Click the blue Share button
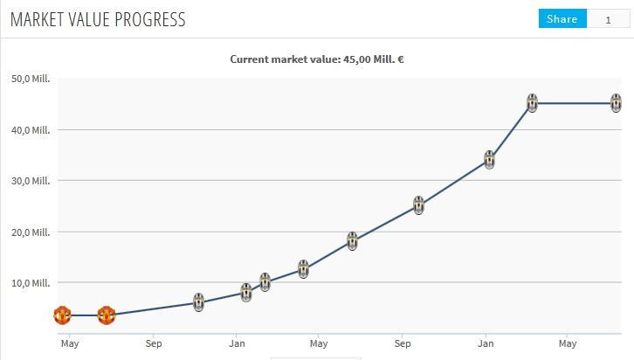tap(562, 19)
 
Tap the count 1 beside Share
tap(609, 19)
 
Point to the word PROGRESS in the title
tap(149, 19)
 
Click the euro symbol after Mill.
tap(400, 59)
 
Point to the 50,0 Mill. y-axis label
tap(31, 79)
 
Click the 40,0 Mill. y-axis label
tap(31, 130)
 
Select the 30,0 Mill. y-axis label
tap(31, 181)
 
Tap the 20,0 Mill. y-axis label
tap(31, 232)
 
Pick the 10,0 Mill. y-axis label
tap(31, 283)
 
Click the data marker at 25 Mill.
tap(419, 206)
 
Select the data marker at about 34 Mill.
tap(490, 160)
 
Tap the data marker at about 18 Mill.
tap(352, 241)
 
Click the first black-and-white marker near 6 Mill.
tap(199, 302)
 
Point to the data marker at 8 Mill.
tap(246, 293)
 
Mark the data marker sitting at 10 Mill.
tap(265, 282)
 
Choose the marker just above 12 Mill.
tap(303, 269)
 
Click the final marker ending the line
tap(617, 103)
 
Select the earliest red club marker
tap(62, 315)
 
